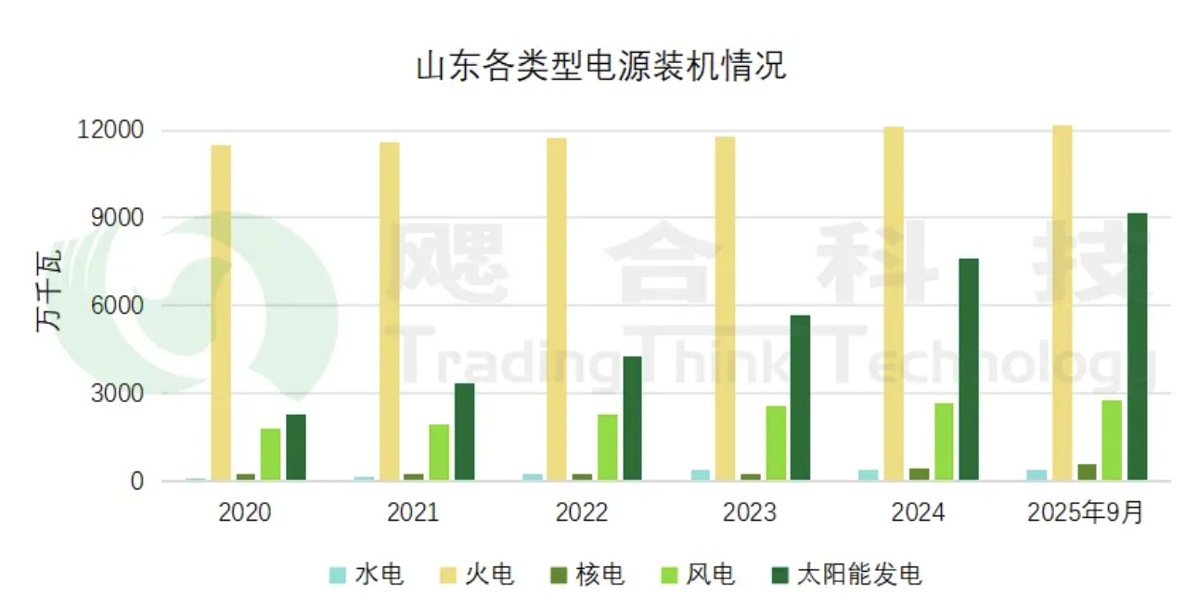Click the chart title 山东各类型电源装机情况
click(x=600, y=66)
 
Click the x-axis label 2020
click(x=245, y=512)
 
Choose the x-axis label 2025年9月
click(x=1086, y=512)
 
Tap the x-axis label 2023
click(x=750, y=512)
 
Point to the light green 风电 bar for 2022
click(x=607, y=447)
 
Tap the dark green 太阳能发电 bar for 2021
click(x=464, y=432)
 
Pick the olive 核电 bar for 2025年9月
click(x=1087, y=472)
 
